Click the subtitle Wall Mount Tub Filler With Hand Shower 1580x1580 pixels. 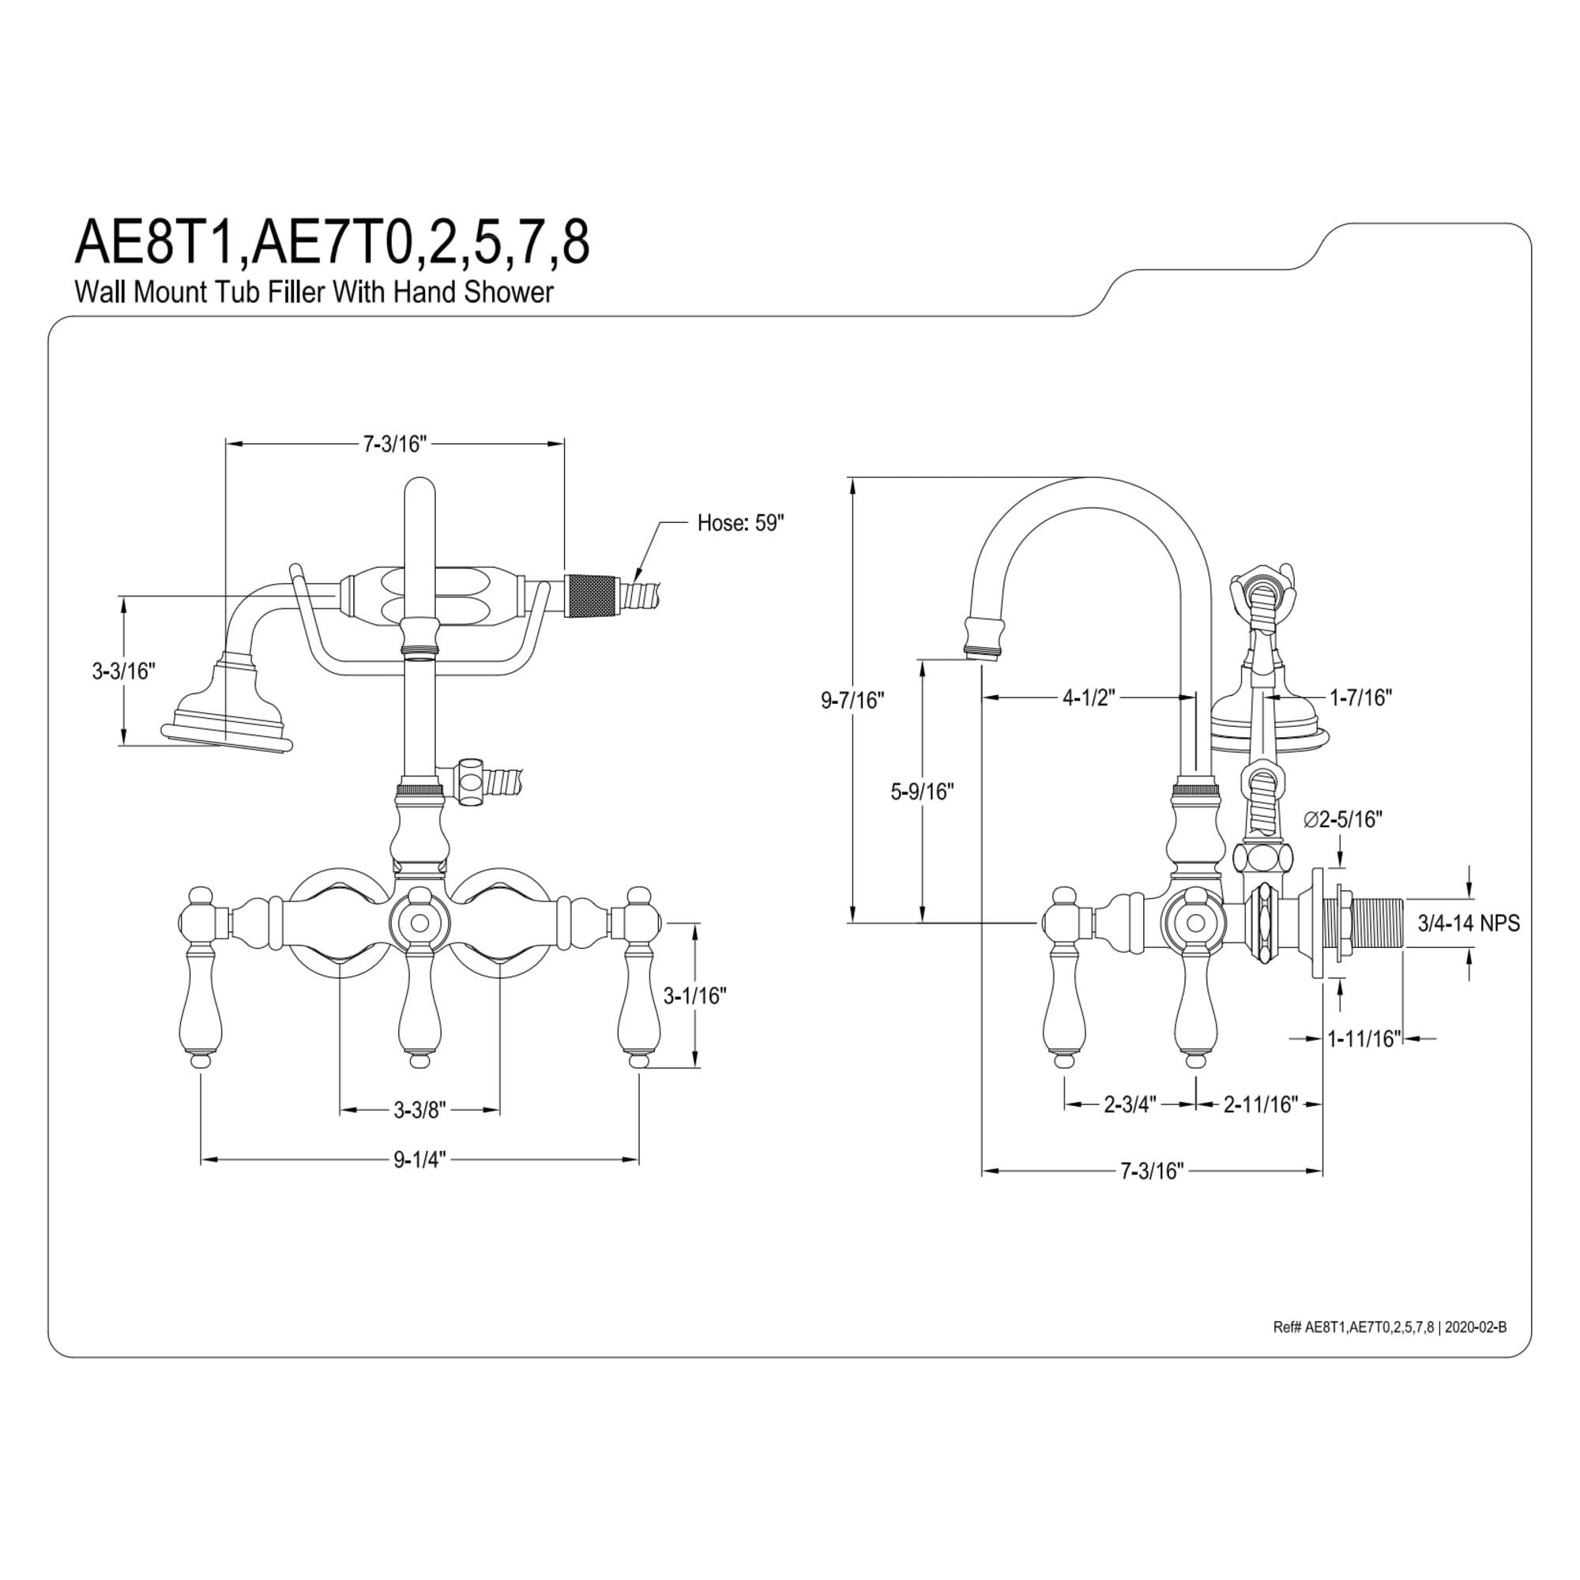point(314,292)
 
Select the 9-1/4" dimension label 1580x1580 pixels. point(420,1160)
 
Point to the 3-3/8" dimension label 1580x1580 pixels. point(420,1110)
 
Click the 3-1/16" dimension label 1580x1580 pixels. point(694,995)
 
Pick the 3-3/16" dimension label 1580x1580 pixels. point(123,671)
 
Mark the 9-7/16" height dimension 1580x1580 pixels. point(853,700)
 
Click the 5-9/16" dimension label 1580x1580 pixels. point(923,792)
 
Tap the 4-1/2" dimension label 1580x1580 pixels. point(1089,698)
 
